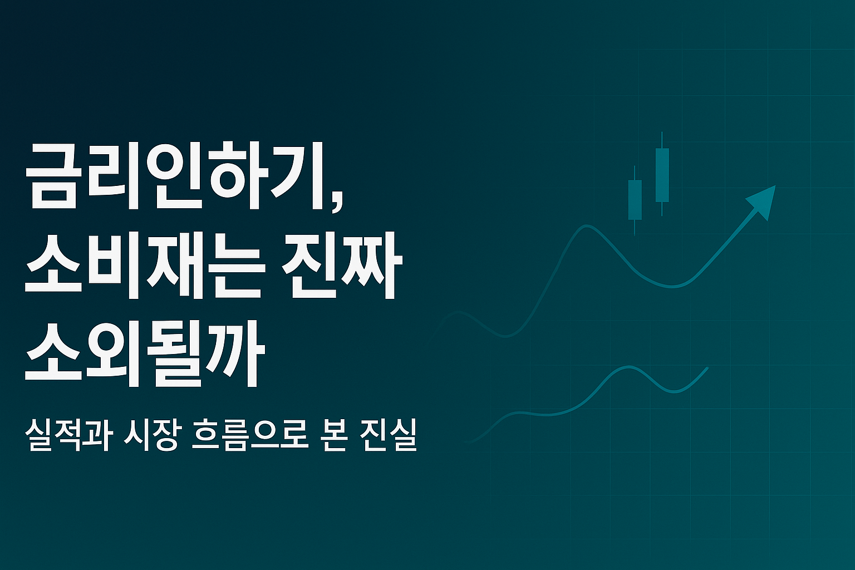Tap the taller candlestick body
point(662,174)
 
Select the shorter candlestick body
point(635,199)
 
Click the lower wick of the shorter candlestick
point(635,227)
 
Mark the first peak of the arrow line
point(586,226)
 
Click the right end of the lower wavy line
point(707,368)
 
